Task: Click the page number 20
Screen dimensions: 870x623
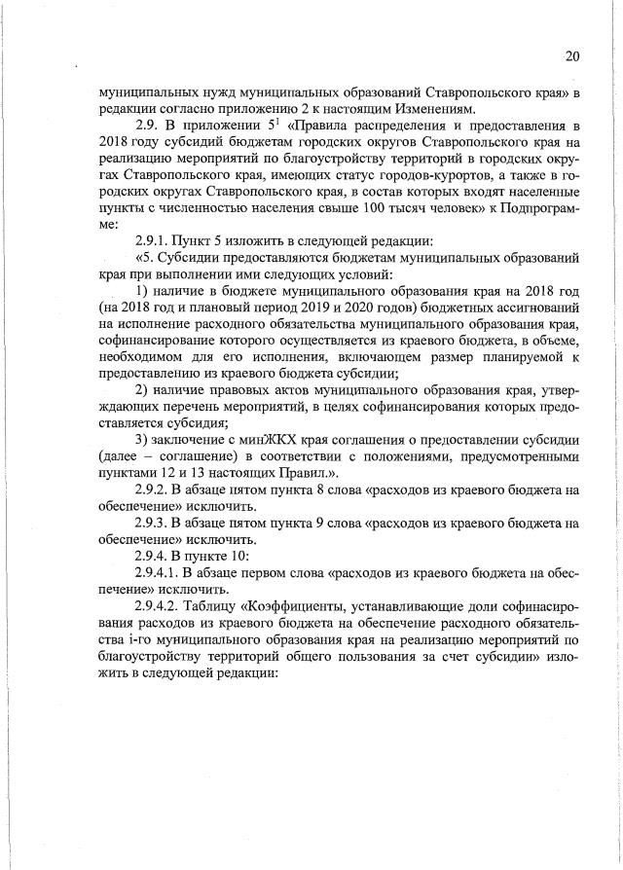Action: click(571, 56)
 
